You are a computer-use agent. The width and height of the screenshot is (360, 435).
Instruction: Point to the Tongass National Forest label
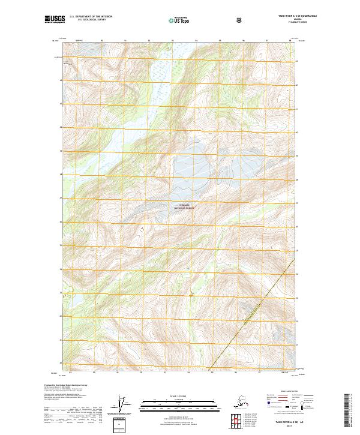(185, 206)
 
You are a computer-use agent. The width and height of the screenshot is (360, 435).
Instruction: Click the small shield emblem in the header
(240, 20)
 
